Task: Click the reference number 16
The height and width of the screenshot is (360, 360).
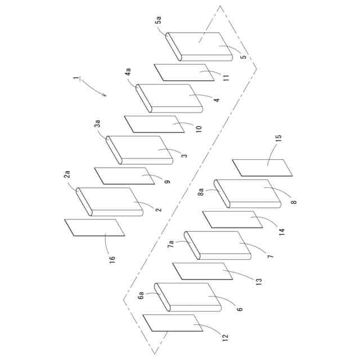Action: tap(112, 259)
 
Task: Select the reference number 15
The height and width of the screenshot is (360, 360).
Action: tap(278, 137)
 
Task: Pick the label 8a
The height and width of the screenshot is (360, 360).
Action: tap(201, 192)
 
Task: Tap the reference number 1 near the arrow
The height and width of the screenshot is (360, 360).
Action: tap(76, 79)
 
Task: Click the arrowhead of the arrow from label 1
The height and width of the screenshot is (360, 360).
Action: tap(105, 95)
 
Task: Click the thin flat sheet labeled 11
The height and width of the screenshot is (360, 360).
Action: tap(186, 73)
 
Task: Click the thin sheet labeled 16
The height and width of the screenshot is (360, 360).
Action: tap(94, 228)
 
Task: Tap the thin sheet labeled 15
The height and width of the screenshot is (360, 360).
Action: tap(263, 168)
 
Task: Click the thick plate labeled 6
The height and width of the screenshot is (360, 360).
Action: tap(188, 296)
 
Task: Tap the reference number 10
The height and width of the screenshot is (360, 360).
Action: tap(199, 129)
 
